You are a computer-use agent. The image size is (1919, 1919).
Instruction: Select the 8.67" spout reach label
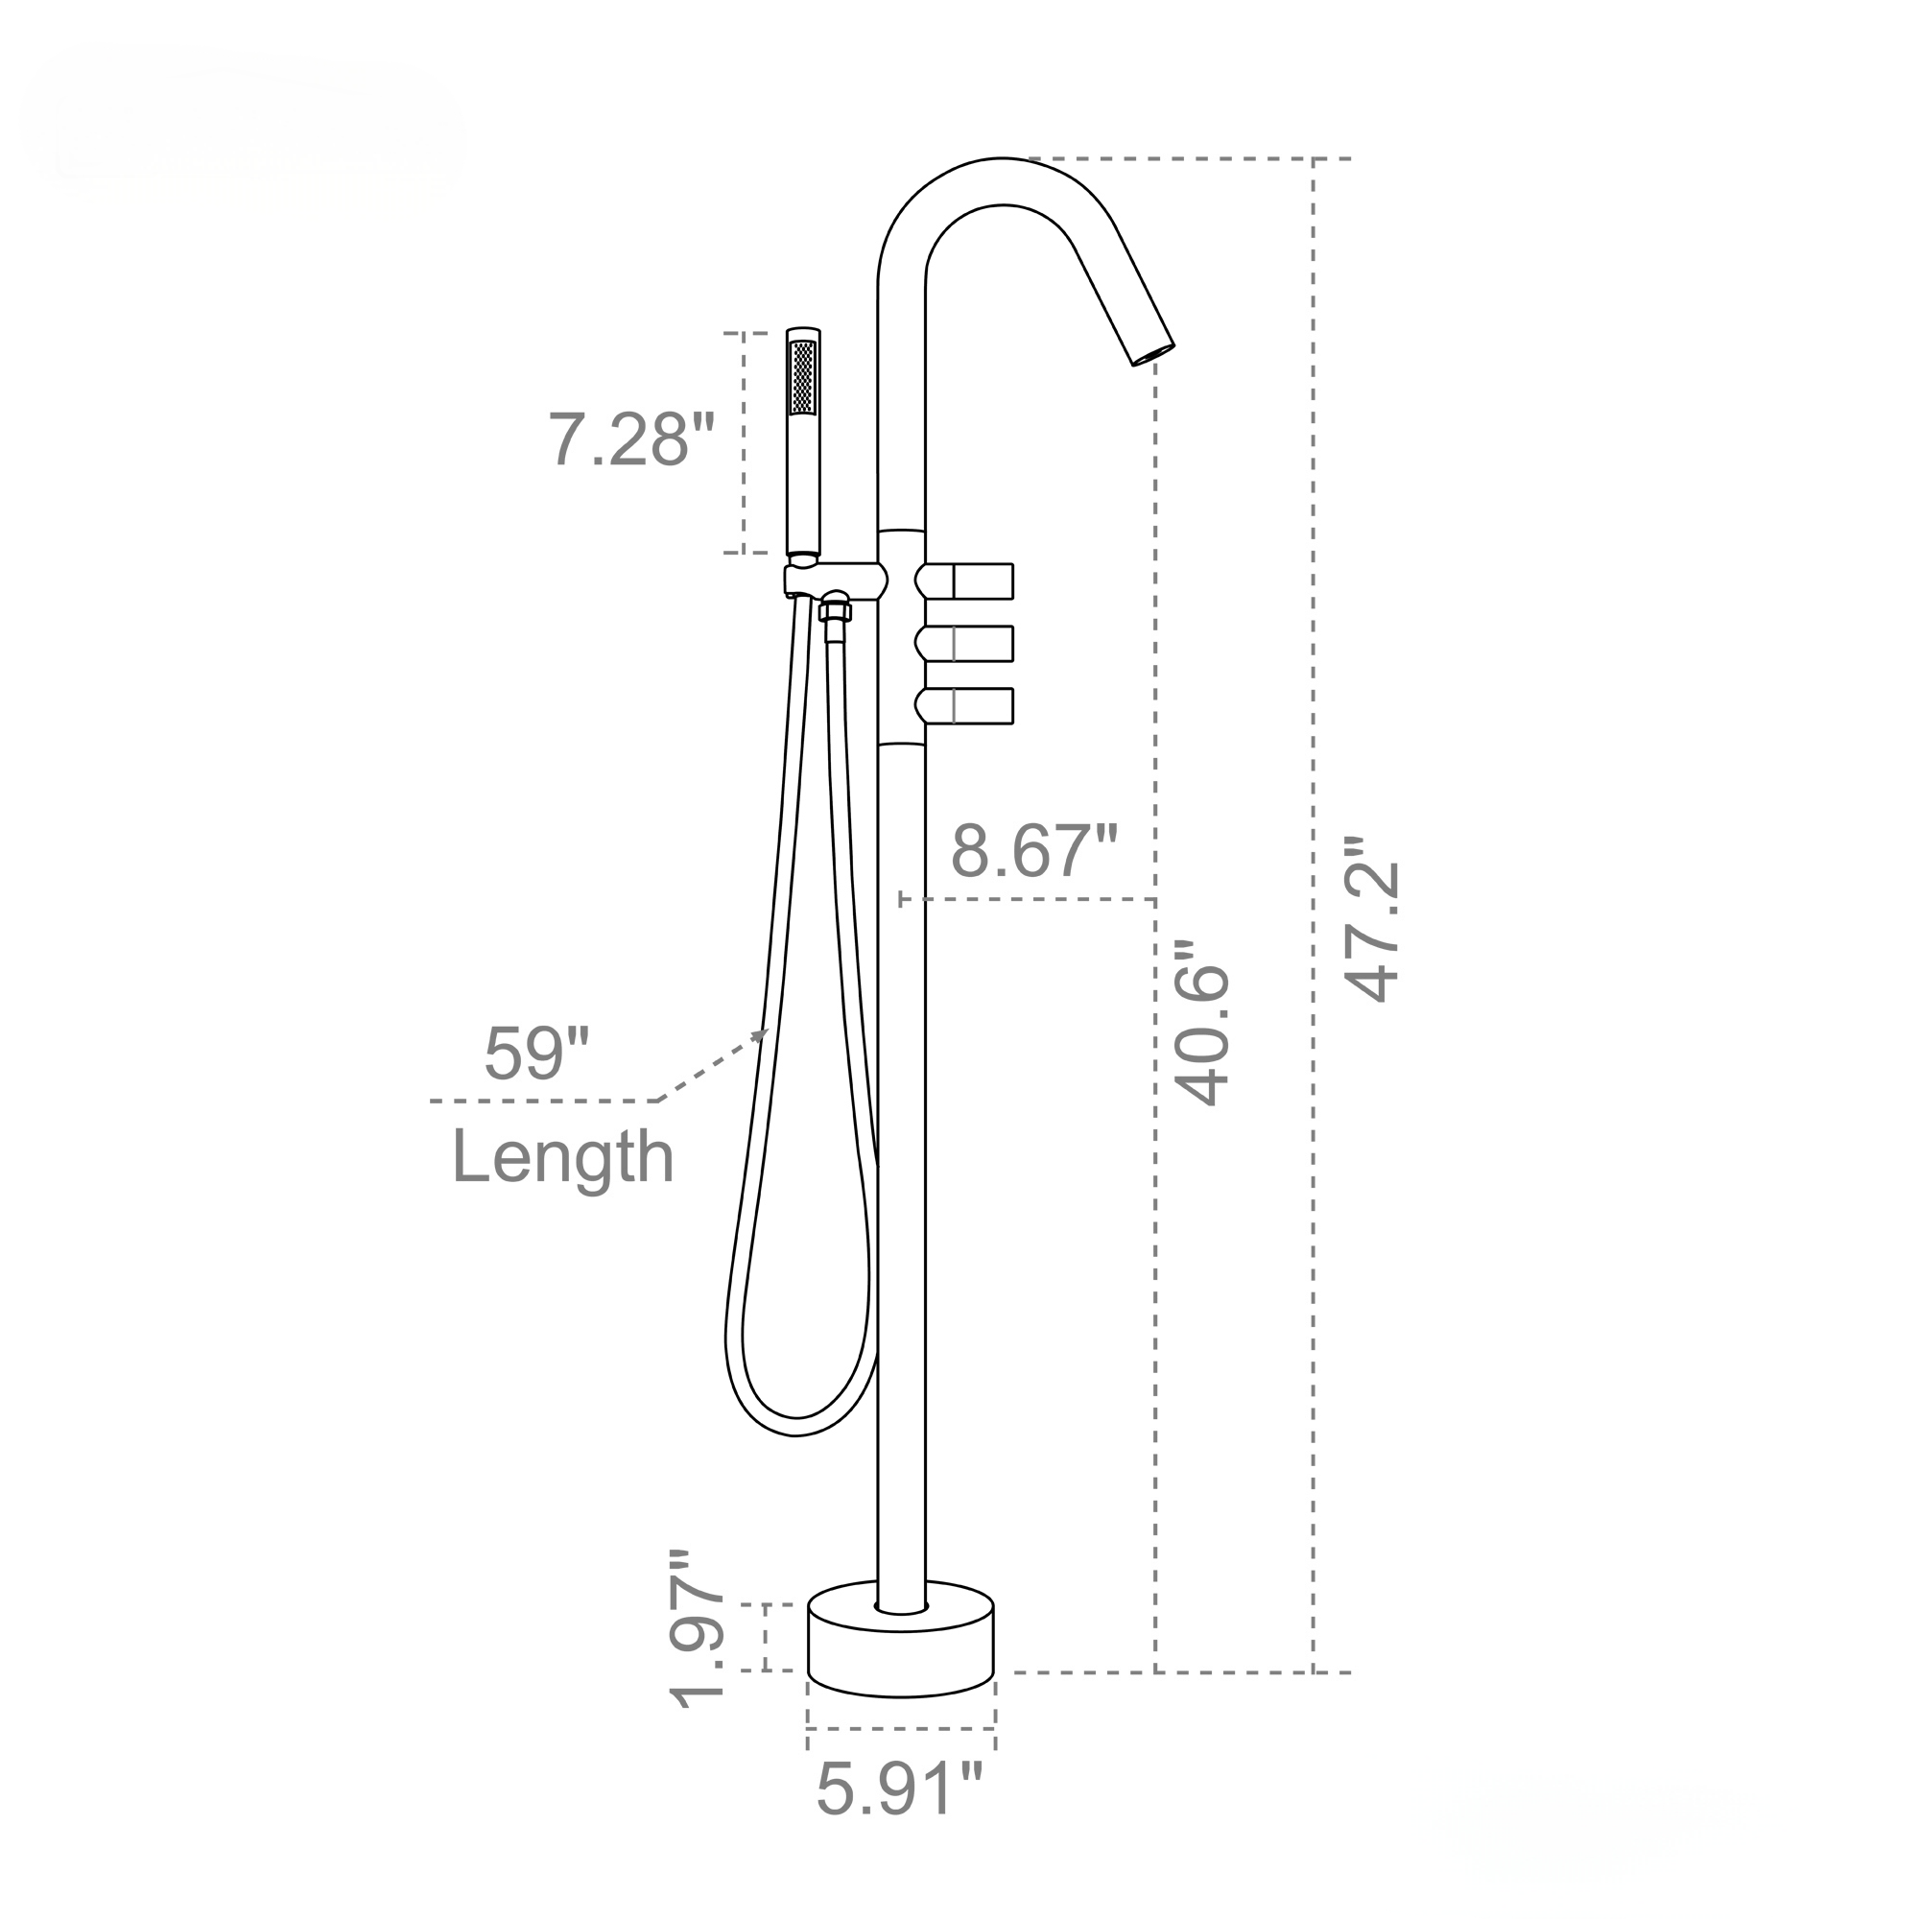pos(1034,851)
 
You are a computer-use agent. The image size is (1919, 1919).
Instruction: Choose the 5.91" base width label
pos(899,1788)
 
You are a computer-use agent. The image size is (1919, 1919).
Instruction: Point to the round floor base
pos(901,1648)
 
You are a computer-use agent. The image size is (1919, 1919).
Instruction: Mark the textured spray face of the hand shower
pos(802,377)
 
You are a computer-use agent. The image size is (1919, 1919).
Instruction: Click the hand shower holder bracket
pos(835,580)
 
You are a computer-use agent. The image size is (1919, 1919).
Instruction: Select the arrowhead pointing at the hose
pos(761,1035)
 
